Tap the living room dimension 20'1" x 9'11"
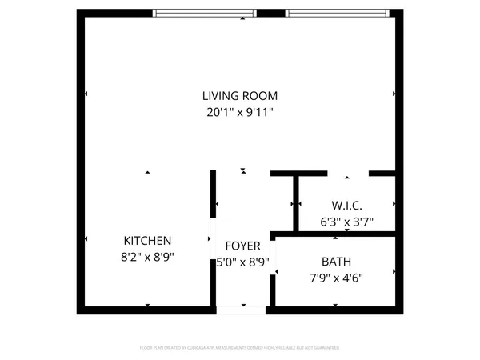coord(238,113)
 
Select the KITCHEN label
coord(147,241)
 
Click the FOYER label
coord(242,246)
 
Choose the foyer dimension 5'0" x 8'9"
coord(242,261)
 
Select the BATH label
coord(336,262)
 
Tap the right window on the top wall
coord(337,13)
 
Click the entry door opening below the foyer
coord(242,309)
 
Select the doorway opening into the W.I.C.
coord(348,173)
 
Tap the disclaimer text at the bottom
coord(240,348)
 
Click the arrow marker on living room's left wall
coord(86,94)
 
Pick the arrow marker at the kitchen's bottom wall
coord(147,306)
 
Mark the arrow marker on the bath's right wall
coord(394,272)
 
